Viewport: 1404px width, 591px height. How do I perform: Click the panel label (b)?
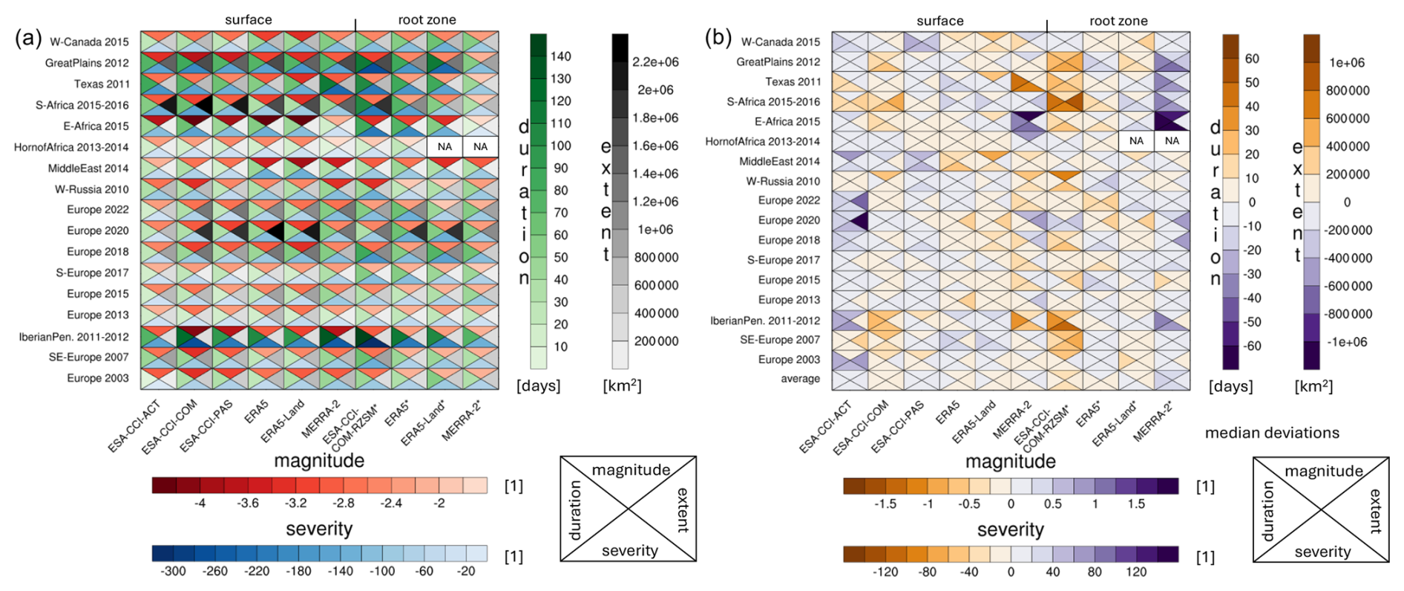718,37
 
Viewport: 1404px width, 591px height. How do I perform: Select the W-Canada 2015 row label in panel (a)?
89,42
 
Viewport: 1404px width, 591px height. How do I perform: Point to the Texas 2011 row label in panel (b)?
793,82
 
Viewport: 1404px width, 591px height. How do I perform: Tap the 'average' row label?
800,379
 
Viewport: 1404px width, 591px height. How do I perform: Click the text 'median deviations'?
1272,433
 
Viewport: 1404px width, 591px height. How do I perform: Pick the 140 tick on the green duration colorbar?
560,56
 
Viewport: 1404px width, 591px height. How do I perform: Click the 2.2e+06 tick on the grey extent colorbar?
655,62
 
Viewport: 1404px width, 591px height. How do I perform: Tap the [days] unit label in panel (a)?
539,386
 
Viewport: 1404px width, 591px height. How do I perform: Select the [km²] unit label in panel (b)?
1313,386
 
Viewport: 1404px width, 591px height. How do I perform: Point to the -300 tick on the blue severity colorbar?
173,571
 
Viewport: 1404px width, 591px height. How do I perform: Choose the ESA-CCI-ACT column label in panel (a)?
134,426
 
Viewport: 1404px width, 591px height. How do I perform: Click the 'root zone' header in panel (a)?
427,20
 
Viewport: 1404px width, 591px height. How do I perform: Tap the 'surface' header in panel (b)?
939,21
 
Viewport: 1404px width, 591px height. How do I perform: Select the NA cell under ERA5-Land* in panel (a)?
445,147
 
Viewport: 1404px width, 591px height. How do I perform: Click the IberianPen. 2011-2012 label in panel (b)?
765,321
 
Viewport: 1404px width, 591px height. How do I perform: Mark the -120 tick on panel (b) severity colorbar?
885,572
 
